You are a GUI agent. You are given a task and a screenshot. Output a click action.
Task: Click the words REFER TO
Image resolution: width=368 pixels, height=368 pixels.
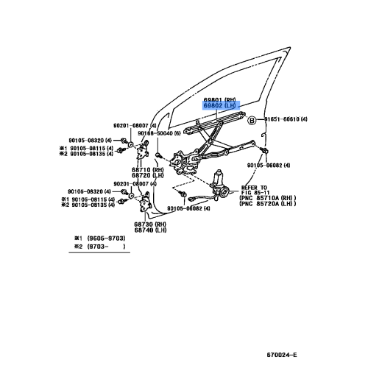(x=254, y=188)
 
